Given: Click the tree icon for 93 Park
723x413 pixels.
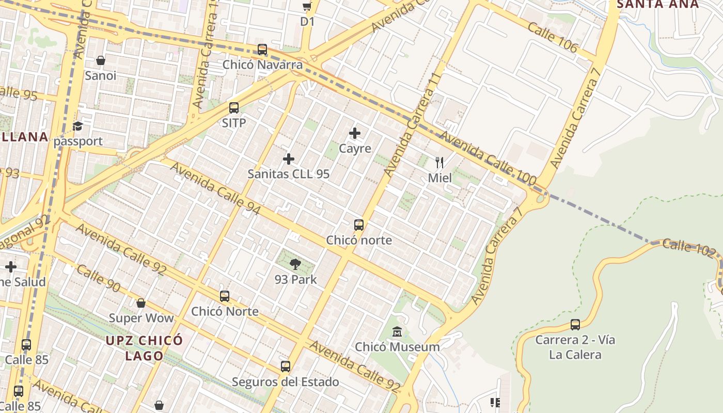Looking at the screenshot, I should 295,265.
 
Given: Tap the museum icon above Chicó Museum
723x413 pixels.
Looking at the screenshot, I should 397,331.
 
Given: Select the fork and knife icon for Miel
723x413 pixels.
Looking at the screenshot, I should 439,163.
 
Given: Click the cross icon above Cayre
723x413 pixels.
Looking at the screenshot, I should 355,133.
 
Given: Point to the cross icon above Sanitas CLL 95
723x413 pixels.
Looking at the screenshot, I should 289,159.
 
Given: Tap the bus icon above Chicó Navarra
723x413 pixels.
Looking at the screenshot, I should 262,50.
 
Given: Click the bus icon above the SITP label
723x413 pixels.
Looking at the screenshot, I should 234,108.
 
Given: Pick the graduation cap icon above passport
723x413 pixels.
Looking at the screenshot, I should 77,126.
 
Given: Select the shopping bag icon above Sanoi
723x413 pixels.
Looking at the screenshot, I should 101,60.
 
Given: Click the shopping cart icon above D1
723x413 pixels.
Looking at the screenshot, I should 307,7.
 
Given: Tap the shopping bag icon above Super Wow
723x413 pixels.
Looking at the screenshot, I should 141,303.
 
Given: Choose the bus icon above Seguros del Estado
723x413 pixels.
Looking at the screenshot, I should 286,367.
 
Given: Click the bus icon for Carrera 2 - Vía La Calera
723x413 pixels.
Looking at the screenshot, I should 575,325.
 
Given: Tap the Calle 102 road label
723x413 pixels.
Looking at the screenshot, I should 689,248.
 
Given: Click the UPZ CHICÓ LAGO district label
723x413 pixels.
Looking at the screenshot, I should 145,348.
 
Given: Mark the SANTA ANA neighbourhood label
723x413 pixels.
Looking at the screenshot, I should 658,4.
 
